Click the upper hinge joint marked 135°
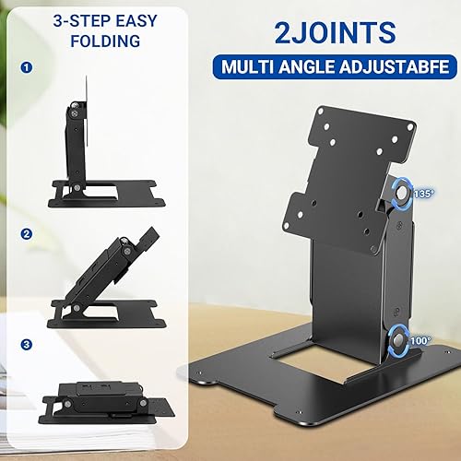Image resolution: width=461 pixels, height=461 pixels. pyautogui.click(x=401, y=195)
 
